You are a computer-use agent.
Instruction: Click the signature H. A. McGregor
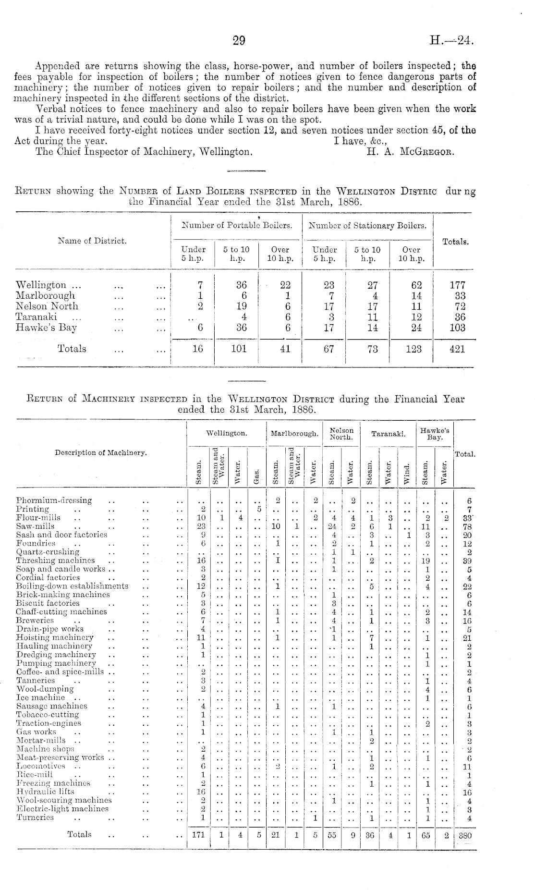pos(410,152)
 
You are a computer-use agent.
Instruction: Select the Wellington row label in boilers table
pos(41,285)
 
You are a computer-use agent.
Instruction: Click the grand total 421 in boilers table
pos(457,349)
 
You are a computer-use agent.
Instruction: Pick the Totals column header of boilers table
pos(455,242)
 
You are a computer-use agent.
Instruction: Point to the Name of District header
pos(92,241)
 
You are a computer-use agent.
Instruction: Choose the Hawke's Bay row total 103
pos(457,328)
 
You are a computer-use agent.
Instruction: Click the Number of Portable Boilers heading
pos(237,225)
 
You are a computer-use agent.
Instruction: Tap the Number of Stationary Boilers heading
pos(367,225)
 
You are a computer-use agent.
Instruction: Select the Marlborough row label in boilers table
pos(45,295)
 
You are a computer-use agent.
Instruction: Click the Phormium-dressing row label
pos(54,500)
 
